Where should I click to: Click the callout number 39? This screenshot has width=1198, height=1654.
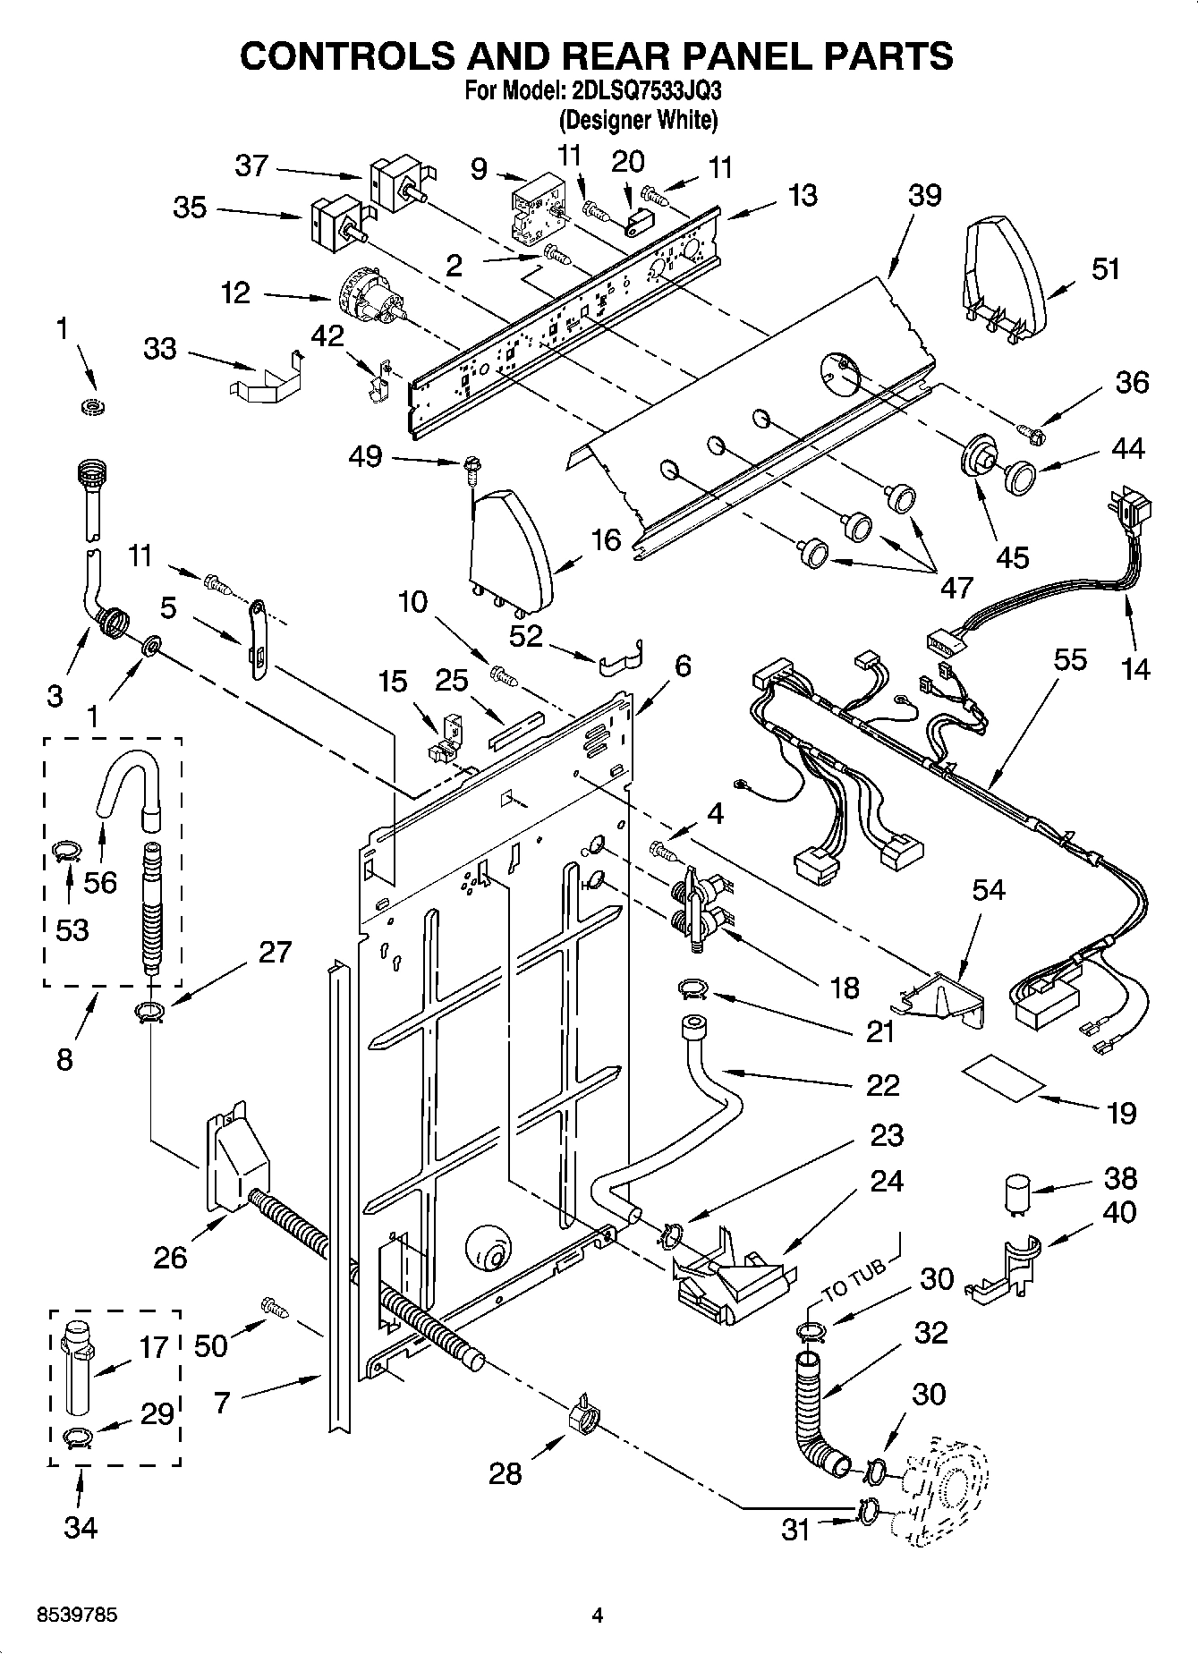(x=925, y=194)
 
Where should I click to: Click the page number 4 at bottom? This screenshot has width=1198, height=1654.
(x=598, y=1615)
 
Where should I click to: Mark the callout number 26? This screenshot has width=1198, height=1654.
(x=170, y=1257)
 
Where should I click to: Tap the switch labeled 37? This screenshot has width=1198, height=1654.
(x=398, y=183)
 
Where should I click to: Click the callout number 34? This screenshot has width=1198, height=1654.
(x=81, y=1527)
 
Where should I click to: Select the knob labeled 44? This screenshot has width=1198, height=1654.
(x=1019, y=476)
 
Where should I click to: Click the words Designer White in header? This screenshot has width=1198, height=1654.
(x=638, y=119)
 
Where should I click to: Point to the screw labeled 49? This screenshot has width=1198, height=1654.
(x=469, y=465)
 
